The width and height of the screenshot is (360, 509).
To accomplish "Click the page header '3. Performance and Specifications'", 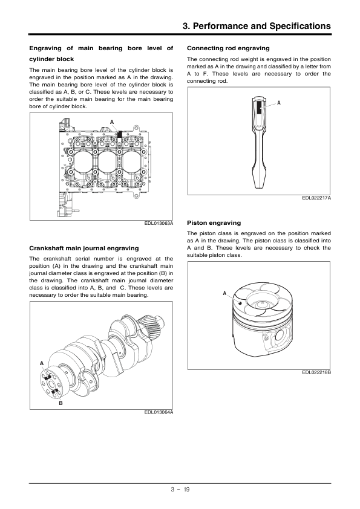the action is (257, 26).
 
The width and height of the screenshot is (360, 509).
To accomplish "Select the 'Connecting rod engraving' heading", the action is (228, 48).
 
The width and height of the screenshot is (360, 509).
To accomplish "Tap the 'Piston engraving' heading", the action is (214, 223).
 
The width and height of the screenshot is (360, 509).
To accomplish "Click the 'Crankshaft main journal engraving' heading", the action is (84, 248).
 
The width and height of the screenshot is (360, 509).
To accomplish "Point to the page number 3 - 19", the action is (180, 490).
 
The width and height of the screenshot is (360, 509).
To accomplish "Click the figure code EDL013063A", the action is (159, 223).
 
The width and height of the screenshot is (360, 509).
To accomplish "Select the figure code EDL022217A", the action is (316, 198).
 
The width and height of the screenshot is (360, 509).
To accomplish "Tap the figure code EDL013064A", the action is (159, 412).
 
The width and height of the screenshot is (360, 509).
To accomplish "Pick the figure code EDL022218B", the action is (316, 372).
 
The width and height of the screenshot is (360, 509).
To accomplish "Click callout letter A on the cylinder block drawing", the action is (112, 122).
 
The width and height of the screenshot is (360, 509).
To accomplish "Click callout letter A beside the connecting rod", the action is (279, 103).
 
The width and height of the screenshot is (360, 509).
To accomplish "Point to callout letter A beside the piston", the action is (224, 293).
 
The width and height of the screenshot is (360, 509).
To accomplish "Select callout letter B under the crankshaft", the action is (61, 403).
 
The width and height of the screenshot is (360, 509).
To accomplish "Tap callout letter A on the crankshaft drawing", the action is (42, 363).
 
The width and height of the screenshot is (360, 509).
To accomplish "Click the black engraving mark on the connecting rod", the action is (259, 108).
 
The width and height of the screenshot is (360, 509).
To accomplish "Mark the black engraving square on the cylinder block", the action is (120, 134).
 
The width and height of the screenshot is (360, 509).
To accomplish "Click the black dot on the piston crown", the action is (240, 303).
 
